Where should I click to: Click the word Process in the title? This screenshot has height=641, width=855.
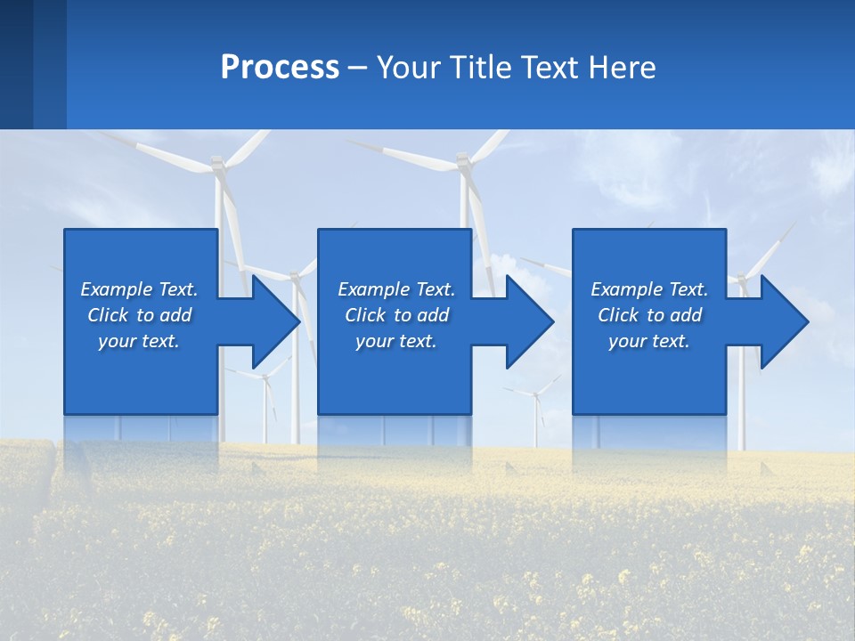click(x=280, y=68)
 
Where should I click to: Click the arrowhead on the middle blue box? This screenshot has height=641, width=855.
click(x=528, y=321)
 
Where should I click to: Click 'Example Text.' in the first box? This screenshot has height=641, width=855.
click(x=139, y=289)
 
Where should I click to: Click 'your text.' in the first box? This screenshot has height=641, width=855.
click(x=139, y=341)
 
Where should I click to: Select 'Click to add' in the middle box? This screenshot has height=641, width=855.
click(x=396, y=315)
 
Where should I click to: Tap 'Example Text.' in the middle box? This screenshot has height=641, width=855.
click(x=396, y=289)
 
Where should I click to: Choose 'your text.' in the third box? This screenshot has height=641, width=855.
click(x=649, y=341)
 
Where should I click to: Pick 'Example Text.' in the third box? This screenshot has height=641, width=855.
click(x=649, y=289)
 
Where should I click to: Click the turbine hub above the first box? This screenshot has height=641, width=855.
click(x=217, y=165)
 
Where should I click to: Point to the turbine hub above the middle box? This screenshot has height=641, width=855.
click(x=462, y=160)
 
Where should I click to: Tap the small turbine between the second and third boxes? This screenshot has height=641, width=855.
click(x=537, y=393)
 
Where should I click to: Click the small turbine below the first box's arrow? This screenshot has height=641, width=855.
click(x=265, y=377)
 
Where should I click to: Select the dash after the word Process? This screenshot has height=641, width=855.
click(x=358, y=68)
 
